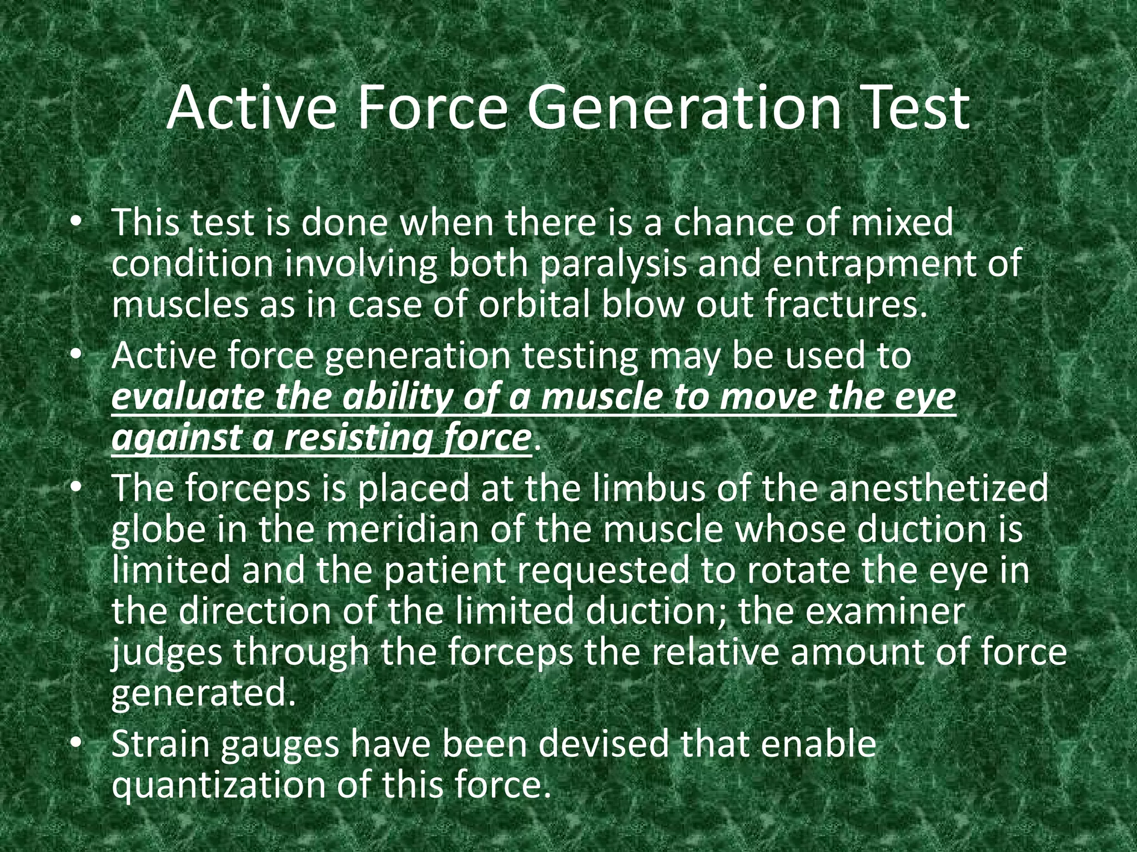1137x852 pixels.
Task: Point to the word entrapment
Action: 879,265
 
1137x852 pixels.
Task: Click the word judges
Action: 167,653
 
